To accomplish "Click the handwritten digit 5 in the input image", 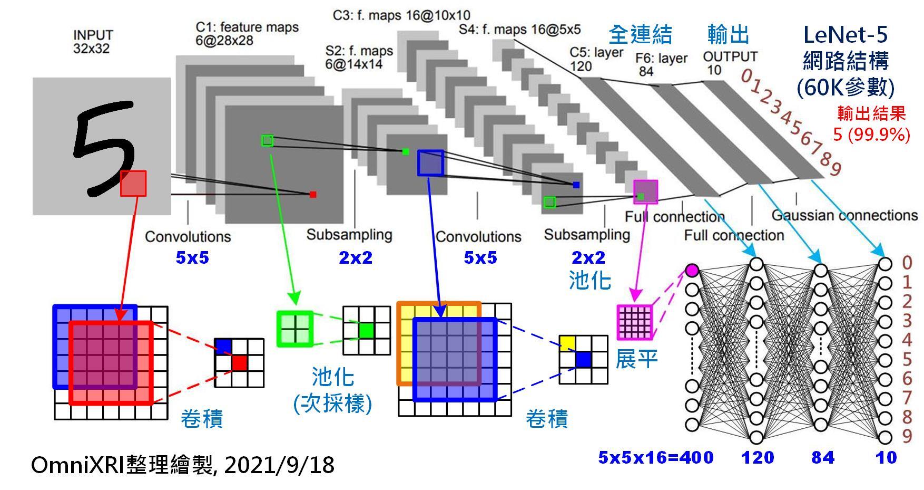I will tap(103, 149).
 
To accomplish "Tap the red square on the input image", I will tap(133, 183).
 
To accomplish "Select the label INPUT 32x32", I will tap(93, 42).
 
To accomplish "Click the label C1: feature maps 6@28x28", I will tap(247, 34).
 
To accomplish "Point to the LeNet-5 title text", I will tap(845, 35).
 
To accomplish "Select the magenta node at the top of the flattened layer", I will tap(692, 270).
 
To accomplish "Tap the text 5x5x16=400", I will tap(655, 457).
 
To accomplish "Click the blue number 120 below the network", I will tap(758, 457).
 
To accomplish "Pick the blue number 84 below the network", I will tap(823, 457).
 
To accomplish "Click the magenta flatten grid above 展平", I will tap(634, 322).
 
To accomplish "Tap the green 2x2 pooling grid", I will tap(294, 329).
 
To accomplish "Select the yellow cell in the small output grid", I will tap(567, 343).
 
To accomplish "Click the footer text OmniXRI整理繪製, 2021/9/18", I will tap(182, 465).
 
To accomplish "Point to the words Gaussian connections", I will tap(844, 215).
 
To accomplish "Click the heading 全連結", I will tap(640, 35).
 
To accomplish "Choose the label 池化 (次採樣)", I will tap(333, 391).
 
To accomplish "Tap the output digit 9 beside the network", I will tap(907, 436).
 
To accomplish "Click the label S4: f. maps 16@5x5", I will tap(519, 29).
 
